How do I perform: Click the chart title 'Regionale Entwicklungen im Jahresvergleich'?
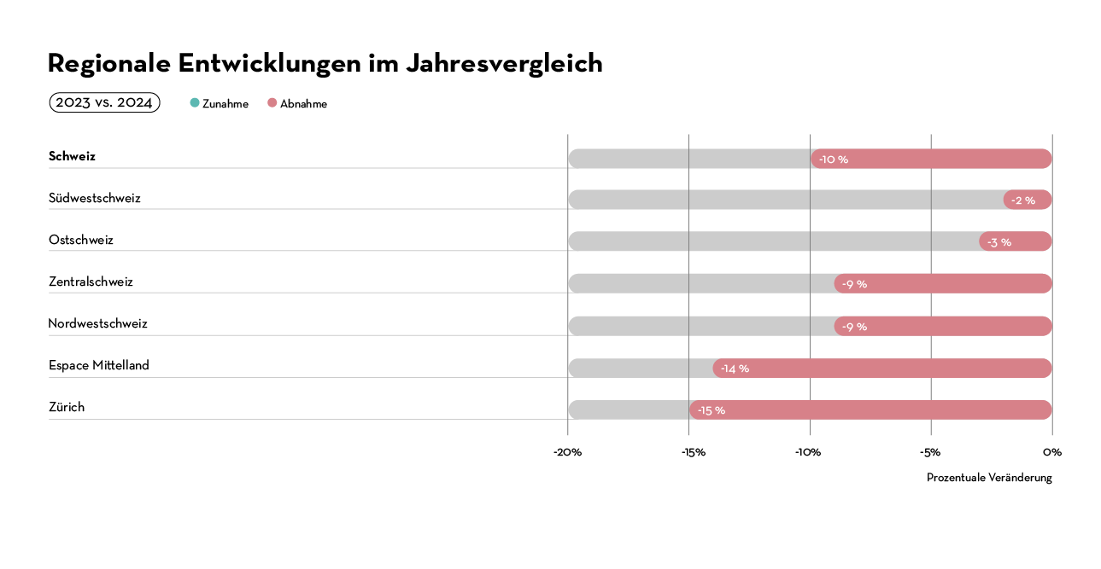coord(325,63)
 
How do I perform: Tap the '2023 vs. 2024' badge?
coord(104,102)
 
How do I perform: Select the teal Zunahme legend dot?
coord(195,103)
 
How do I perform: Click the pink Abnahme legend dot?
coord(272,103)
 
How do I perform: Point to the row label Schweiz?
coord(72,156)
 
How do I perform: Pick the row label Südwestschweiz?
coord(94,198)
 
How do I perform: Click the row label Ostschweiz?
coord(80,240)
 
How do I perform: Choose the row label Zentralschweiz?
coord(91,282)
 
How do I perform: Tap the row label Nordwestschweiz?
coord(97,323)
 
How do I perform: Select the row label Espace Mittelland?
coord(98,365)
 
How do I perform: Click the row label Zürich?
coord(67,407)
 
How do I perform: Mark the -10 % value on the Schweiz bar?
coord(833,160)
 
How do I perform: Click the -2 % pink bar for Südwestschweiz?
coord(1028,200)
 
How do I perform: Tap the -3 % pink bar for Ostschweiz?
coord(1016,241)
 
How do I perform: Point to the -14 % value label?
coord(735,369)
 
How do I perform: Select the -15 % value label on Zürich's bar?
coord(711,410)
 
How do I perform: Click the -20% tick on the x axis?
coord(567,452)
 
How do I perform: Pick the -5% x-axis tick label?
coord(930,452)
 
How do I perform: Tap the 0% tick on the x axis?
coord(1052,452)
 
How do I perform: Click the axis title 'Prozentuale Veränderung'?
coord(989,478)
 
